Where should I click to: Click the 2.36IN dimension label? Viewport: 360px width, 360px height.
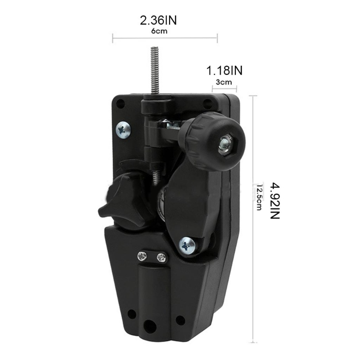coord(158,20)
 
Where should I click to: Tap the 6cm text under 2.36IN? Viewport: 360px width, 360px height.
coord(159,31)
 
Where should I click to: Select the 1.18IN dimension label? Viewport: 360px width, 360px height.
coord(224,70)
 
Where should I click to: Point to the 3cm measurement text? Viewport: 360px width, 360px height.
coord(224,82)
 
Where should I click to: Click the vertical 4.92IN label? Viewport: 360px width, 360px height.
coord(274,201)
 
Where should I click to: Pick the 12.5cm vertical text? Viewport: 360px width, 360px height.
coord(259,198)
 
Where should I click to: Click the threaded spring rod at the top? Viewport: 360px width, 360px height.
coord(155,70)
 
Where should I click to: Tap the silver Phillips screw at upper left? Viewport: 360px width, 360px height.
coord(123,130)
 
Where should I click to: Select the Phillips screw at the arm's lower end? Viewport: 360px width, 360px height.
coord(187,246)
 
